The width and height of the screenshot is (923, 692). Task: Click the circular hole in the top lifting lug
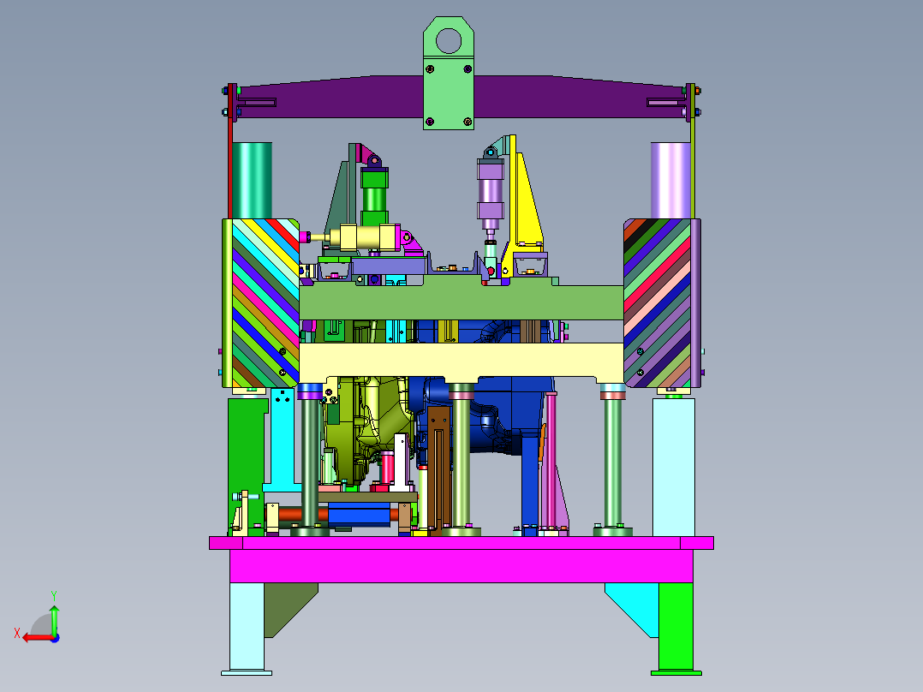(x=449, y=41)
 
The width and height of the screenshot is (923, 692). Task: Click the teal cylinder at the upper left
(x=252, y=180)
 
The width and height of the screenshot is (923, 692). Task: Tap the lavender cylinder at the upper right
(x=670, y=180)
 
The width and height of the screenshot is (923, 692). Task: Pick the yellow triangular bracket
(x=526, y=200)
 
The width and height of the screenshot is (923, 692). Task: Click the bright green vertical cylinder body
(x=374, y=197)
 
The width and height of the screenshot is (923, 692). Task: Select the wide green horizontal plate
(x=461, y=301)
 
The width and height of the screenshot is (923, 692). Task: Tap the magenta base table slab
(x=461, y=559)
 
